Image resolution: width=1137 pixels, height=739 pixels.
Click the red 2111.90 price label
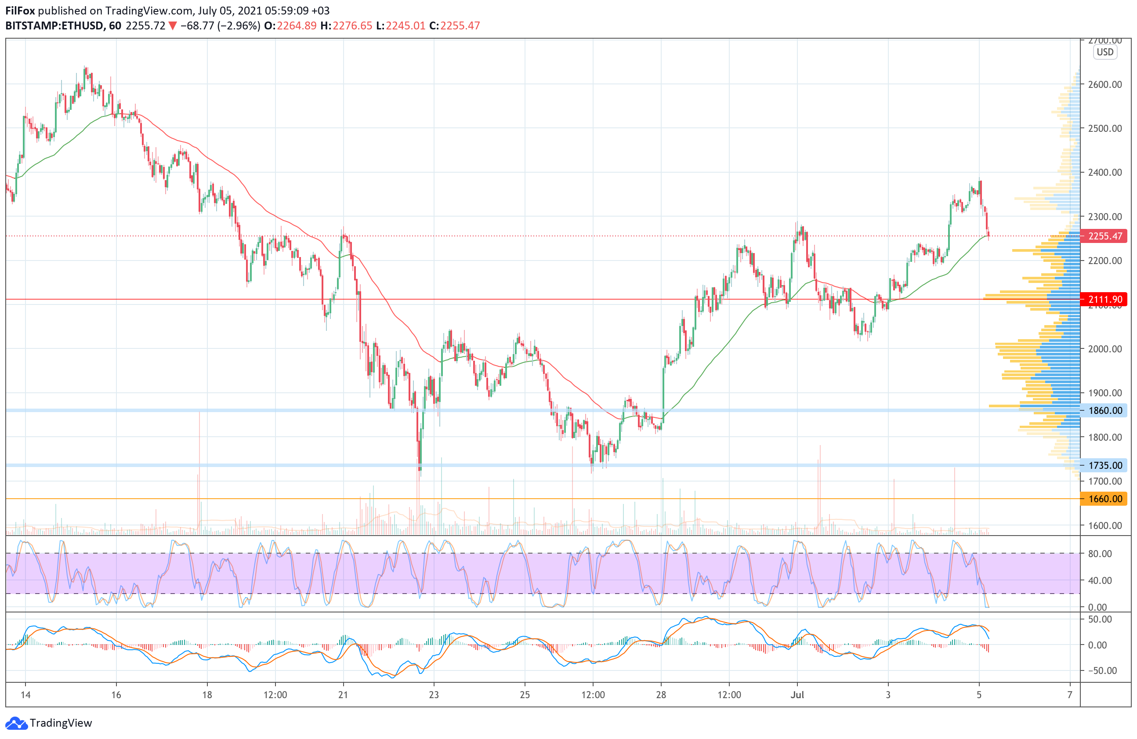click(x=1104, y=300)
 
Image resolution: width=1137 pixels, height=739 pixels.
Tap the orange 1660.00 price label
click(x=1104, y=499)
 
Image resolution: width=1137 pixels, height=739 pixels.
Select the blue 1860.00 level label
click(x=1104, y=410)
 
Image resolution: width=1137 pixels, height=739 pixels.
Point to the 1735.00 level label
click(x=1104, y=465)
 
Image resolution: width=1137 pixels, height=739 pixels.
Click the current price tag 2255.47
click(x=1104, y=236)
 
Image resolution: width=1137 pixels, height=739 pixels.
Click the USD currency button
click(x=1104, y=52)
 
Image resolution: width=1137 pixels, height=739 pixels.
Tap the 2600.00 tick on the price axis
click(x=1104, y=84)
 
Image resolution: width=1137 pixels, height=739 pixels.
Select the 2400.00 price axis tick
click(x=1104, y=173)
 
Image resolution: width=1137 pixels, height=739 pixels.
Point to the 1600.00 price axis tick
click(x=1104, y=525)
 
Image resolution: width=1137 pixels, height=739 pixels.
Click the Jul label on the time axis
click(x=797, y=695)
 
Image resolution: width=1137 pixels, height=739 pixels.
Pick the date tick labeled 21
click(x=343, y=695)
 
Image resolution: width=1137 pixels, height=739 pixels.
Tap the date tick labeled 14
click(x=25, y=695)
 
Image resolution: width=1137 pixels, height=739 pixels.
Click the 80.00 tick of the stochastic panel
click(x=1099, y=554)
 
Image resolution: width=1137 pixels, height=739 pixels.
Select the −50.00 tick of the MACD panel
click(x=1099, y=671)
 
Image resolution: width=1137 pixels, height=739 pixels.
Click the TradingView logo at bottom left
click(x=49, y=723)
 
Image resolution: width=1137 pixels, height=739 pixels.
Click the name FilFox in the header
click(x=20, y=11)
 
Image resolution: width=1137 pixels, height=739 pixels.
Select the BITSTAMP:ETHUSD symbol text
click(x=54, y=26)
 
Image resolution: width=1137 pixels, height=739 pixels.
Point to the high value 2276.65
click(x=352, y=26)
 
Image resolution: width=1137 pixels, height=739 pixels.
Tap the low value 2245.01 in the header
click(x=406, y=26)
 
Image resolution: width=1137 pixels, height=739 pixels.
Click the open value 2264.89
click(x=296, y=26)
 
